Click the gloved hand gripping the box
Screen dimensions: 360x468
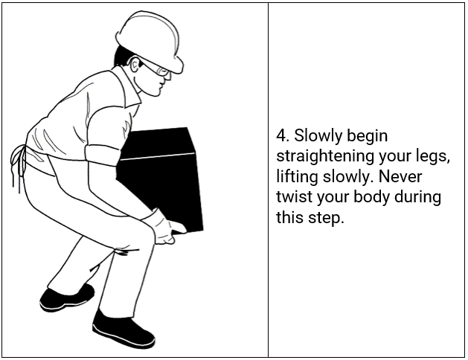164,228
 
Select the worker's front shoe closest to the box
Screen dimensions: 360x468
123,327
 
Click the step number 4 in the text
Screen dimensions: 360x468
281,136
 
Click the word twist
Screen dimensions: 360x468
292,199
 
